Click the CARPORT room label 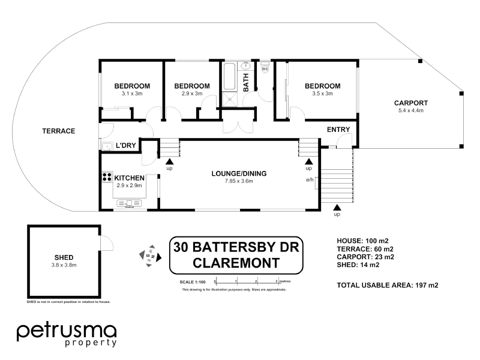point(411,103)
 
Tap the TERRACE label point(58,131)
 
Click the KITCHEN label point(129,178)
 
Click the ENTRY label point(338,130)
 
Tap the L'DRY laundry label point(125,146)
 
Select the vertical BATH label point(246,82)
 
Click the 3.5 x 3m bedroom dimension point(322,94)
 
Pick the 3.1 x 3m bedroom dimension point(132,94)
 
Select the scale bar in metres point(246,281)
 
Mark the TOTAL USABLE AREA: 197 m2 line point(388,285)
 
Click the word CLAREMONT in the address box point(236,262)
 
